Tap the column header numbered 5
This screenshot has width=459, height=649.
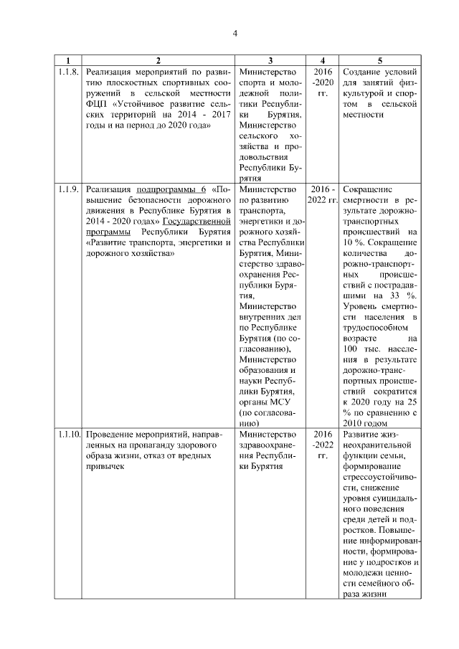pyautogui.click(x=379, y=60)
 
